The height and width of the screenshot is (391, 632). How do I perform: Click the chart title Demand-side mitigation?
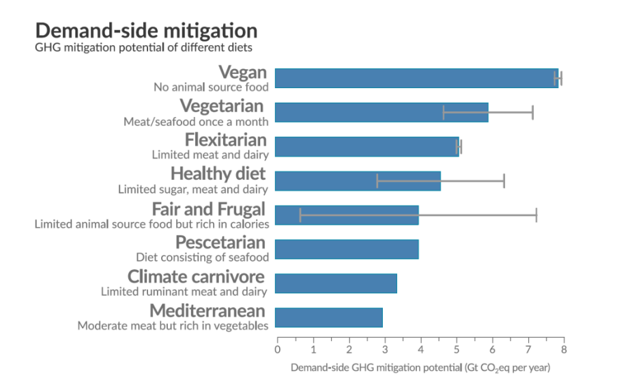[146, 31]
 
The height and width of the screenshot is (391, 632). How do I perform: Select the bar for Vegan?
[416, 79]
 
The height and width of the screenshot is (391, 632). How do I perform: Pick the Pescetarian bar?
[347, 250]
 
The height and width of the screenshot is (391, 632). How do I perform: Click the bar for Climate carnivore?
[336, 283]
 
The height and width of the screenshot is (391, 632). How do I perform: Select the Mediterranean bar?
[329, 317]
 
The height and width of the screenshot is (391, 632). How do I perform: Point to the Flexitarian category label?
[225, 139]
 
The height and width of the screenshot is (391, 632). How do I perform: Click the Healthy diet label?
[218, 174]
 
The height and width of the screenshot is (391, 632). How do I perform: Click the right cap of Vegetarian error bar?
[532, 113]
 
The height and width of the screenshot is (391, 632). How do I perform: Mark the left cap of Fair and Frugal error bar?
[300, 215]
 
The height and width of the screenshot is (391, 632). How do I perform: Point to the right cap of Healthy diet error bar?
[504, 180]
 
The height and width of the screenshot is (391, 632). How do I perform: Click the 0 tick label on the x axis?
[277, 350]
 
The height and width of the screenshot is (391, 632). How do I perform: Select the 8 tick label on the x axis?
[564, 350]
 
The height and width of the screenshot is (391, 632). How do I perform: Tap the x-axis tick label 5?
[456, 350]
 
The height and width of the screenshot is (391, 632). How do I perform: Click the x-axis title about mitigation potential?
[420, 368]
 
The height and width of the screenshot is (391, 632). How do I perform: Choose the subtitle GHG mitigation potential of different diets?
[143, 48]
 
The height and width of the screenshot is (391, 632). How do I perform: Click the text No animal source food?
[211, 87]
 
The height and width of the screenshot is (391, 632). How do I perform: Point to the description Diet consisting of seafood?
[202, 257]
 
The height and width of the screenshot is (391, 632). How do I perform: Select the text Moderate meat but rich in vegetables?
[173, 326]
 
